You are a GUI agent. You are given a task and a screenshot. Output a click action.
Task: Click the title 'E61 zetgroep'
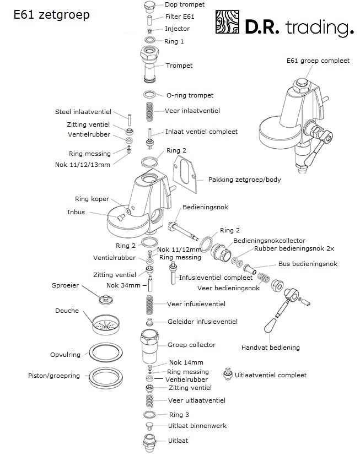51,15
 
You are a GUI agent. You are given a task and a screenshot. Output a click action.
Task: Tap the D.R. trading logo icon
228,24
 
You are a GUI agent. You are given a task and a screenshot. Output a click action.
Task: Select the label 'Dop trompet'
184,4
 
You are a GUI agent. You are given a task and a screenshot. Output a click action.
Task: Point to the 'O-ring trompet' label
190,95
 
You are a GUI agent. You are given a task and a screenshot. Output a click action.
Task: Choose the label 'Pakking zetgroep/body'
244,180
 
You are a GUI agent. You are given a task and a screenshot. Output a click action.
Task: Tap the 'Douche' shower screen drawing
105,326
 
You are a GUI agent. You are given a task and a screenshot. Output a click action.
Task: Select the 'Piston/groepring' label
54,376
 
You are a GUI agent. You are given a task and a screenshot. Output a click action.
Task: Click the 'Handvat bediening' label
270,348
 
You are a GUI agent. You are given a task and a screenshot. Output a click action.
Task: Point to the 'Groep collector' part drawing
149,345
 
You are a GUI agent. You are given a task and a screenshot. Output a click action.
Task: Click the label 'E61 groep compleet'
318,61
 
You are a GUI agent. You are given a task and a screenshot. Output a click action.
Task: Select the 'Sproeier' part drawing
103,300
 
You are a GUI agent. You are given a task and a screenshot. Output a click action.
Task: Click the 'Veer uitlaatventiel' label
197,400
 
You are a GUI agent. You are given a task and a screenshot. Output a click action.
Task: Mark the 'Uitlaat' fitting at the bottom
149,442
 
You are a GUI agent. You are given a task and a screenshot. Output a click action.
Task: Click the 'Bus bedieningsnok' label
308,264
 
